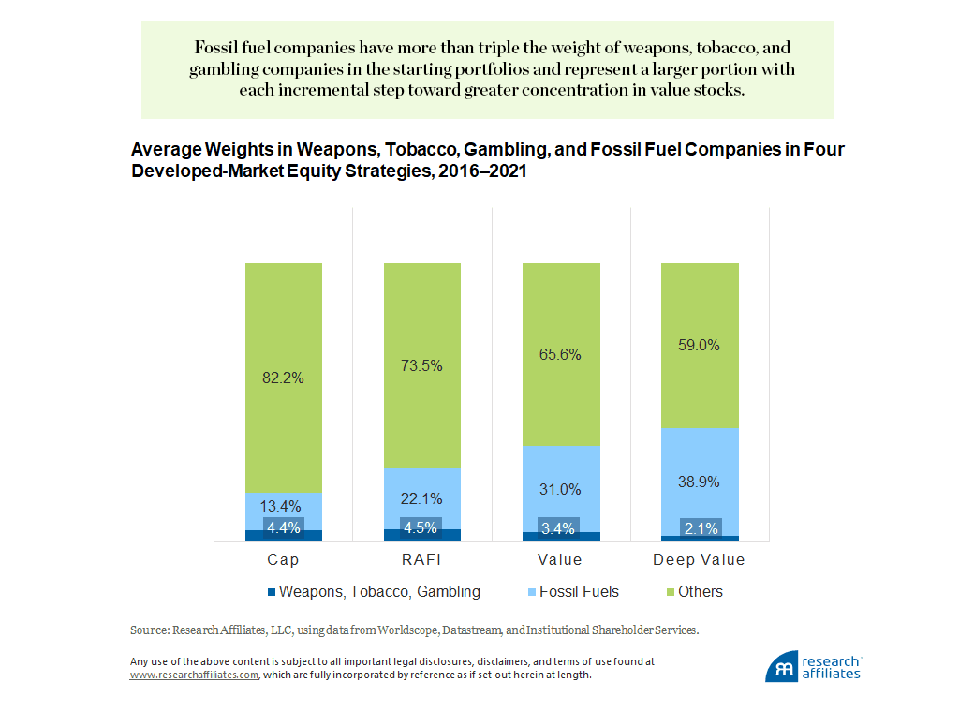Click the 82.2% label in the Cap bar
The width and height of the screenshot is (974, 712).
[284, 378]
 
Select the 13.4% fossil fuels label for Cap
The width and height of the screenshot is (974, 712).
[284, 508]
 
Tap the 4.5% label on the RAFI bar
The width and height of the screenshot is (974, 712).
[422, 527]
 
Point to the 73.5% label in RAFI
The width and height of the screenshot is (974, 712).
[422, 365]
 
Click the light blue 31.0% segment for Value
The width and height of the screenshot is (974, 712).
[561, 489]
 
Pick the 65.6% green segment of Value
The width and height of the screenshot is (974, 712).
[561, 354]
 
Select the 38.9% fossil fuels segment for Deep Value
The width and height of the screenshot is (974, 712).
[700, 481]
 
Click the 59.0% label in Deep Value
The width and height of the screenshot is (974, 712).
[700, 345]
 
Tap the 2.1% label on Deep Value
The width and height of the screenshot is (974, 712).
[700, 528]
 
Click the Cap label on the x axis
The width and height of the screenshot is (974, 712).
[284, 560]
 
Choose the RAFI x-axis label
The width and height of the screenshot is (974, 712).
[422, 560]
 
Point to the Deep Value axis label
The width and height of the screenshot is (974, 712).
[700, 560]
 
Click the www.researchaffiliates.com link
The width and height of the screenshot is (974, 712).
[194, 675]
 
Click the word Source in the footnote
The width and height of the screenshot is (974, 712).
[147, 630]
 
